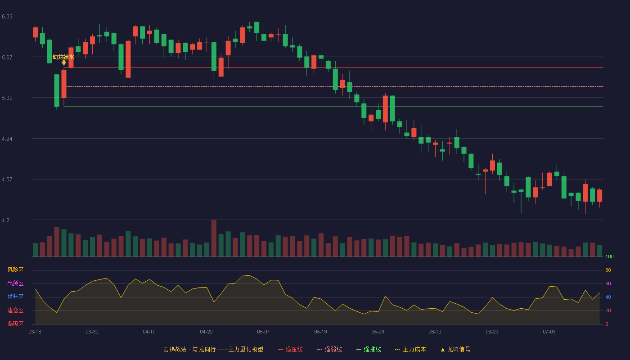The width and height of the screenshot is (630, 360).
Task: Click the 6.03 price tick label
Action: point(7,17)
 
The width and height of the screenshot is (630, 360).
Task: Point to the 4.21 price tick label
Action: point(7,220)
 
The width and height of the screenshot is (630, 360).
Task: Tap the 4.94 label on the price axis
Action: point(7,139)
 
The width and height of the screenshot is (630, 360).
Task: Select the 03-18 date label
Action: point(35,332)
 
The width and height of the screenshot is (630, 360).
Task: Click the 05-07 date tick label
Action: point(263,332)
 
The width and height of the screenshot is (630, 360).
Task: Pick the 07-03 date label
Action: point(549,332)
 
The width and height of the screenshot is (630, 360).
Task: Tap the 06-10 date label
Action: point(435,332)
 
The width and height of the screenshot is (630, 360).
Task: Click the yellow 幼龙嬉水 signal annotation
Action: point(63,57)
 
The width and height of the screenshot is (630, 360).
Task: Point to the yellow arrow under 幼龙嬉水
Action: point(64,63)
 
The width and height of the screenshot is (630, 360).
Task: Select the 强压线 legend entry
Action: point(290,349)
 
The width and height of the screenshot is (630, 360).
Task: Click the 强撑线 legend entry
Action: point(369,349)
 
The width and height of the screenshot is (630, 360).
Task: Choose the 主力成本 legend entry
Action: point(410,349)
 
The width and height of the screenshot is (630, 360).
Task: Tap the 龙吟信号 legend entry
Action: point(455,349)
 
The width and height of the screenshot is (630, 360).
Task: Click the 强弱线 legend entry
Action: point(329,349)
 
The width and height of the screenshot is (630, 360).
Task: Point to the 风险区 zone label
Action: point(15,270)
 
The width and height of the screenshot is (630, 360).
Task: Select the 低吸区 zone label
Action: point(15,324)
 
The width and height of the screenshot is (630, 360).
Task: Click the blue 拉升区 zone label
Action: point(15,297)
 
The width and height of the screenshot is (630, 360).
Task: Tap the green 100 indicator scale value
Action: point(609,256)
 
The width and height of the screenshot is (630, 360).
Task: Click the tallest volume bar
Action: point(214,238)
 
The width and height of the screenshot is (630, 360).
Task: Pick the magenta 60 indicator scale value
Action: point(608,283)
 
